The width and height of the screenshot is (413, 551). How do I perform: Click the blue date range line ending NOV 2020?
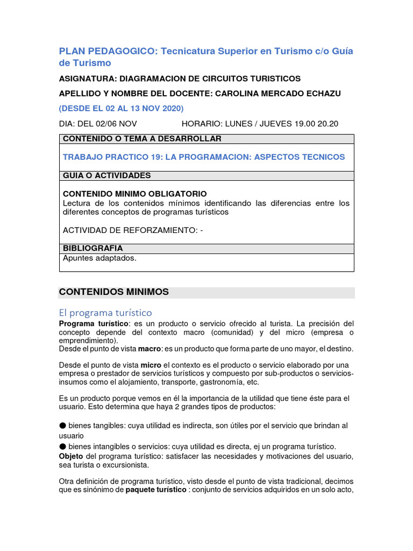tap(121, 108)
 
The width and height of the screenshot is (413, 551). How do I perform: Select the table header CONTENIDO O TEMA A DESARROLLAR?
tap(142, 139)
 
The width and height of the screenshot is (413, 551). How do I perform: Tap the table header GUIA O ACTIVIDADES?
tap(107, 175)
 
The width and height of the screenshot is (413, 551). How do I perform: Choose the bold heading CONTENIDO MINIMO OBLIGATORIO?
tap(134, 194)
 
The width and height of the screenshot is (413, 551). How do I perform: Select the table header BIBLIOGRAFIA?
tap(92, 248)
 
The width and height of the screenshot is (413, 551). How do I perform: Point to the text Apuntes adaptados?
tap(99, 258)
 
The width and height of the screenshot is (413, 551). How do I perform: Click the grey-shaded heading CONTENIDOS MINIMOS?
tap(113, 292)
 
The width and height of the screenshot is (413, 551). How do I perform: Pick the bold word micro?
tap(151, 365)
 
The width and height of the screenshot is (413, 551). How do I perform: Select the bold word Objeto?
tap(71, 456)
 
